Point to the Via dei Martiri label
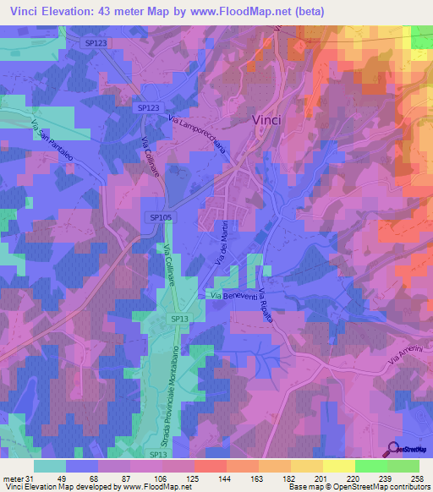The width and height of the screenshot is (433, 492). (222, 254)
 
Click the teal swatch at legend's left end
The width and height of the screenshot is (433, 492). (49, 466)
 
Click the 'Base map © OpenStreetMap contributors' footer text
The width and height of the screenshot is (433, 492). (358, 487)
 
